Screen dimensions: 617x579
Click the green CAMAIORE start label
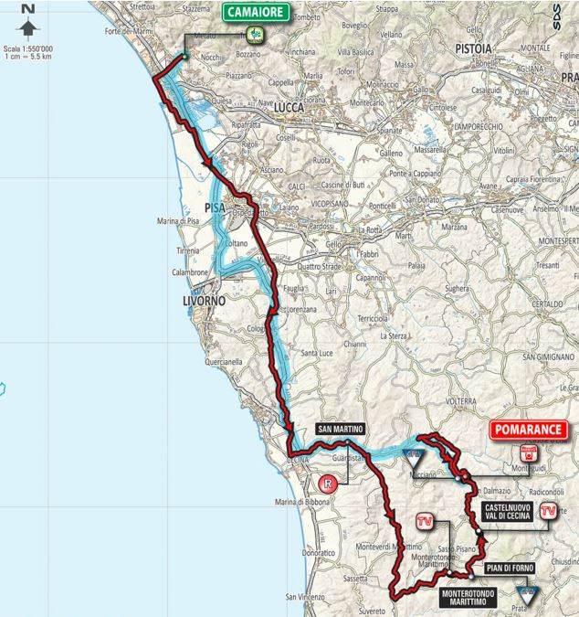[x=256, y=13]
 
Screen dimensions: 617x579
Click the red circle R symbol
[x=327, y=484]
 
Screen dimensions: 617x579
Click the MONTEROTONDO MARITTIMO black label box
[x=476, y=597]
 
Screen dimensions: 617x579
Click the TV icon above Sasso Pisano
[x=423, y=522]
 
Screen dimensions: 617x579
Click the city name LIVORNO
[x=202, y=300]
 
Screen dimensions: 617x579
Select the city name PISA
[x=216, y=207]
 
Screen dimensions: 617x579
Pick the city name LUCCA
[x=289, y=107]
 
